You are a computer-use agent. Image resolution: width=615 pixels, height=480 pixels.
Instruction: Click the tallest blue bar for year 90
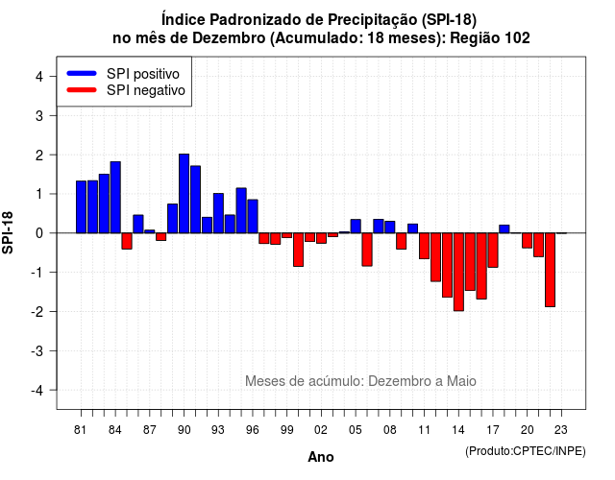click(x=184, y=194)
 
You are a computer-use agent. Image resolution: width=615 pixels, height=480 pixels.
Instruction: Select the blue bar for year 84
click(x=115, y=197)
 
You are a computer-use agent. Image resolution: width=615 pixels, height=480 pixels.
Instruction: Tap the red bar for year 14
click(x=458, y=272)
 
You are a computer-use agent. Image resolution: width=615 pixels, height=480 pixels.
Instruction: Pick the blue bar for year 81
click(x=81, y=207)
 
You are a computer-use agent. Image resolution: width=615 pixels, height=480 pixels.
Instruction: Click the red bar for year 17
click(x=493, y=251)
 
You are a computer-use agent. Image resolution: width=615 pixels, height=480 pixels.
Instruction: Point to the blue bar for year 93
click(x=218, y=213)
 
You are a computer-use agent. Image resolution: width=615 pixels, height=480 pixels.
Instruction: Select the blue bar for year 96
click(x=253, y=216)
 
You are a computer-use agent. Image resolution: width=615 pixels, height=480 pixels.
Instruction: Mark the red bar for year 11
click(x=425, y=246)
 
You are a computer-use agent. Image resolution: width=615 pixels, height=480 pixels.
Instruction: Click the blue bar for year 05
click(x=356, y=227)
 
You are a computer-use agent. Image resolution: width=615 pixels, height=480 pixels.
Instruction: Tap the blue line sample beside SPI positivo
click(x=82, y=73)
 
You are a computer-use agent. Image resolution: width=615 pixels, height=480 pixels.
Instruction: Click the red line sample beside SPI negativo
click(x=82, y=89)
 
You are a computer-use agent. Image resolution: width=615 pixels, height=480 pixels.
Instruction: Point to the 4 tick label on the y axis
click(x=39, y=77)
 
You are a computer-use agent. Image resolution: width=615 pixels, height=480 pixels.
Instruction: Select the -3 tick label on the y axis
click(x=37, y=351)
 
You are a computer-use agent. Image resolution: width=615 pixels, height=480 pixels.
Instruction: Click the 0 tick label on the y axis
click(x=39, y=233)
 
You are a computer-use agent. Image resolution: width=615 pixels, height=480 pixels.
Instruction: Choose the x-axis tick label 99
click(x=287, y=430)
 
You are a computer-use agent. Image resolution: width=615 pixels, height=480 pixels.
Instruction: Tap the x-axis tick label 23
click(x=561, y=430)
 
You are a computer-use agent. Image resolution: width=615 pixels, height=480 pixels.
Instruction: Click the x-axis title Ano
click(x=321, y=457)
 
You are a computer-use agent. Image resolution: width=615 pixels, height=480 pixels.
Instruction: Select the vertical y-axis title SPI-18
click(x=8, y=232)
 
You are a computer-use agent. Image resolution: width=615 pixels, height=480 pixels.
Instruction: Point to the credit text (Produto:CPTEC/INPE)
click(x=526, y=451)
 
